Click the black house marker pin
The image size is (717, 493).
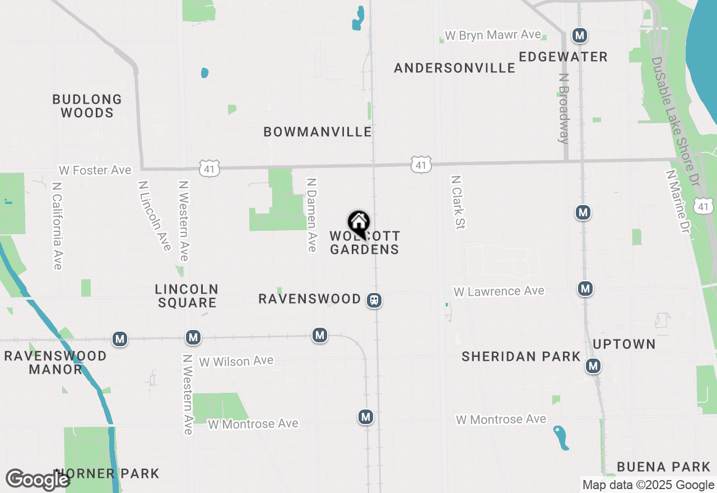pos(358,223)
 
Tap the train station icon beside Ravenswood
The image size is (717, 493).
pos(374,300)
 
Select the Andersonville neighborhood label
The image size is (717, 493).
pos(454,68)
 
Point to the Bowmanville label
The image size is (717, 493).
pos(318,132)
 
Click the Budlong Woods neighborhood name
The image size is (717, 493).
pos(87,106)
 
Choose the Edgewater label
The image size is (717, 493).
pos(563,57)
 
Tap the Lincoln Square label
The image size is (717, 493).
pos(187,296)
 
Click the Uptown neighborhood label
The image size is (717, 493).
pos(624,344)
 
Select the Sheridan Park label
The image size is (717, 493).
pos(521,356)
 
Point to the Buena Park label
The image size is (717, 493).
pos(664,467)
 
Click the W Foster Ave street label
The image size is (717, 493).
pos(95,170)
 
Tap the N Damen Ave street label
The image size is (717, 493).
pos(311,215)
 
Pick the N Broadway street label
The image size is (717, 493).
pos(564,114)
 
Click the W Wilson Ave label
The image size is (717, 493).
pos(236,361)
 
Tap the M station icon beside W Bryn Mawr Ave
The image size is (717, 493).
pos(580,36)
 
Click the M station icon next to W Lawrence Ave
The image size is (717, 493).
pos(585,289)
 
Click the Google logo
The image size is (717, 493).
pos(37,480)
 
